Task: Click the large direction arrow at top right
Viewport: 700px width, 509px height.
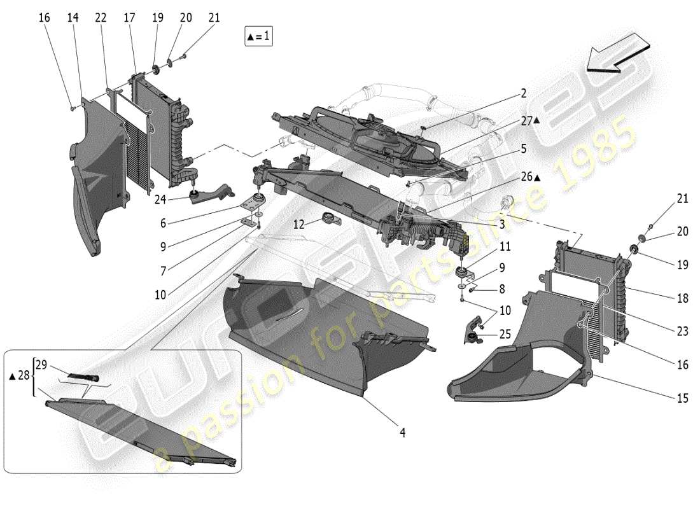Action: (x=617, y=58)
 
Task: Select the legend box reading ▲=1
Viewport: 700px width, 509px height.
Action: (x=258, y=37)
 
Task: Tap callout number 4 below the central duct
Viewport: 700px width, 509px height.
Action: (x=402, y=433)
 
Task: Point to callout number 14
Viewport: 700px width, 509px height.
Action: (x=73, y=18)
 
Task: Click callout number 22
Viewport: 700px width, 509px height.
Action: (x=101, y=18)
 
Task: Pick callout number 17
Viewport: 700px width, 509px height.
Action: (x=129, y=18)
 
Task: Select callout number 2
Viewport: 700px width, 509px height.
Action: (x=523, y=94)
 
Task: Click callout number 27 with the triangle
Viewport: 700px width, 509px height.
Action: (x=529, y=120)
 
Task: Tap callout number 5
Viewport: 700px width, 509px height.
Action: (x=523, y=149)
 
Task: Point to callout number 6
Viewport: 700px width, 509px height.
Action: (x=163, y=223)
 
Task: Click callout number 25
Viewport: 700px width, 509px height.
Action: (x=505, y=333)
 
